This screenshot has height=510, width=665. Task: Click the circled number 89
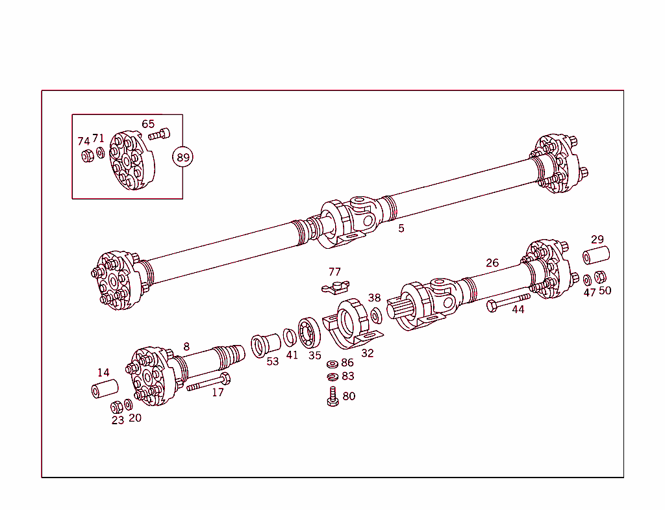pyautogui.click(x=182, y=157)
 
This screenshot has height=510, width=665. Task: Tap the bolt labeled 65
pyautogui.click(x=159, y=135)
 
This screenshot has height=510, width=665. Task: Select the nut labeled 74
pyautogui.click(x=86, y=155)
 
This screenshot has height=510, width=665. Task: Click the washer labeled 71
pyautogui.click(x=100, y=153)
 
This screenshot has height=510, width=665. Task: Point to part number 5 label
pyautogui.click(x=401, y=229)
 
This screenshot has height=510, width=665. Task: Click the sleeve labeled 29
pyautogui.click(x=596, y=255)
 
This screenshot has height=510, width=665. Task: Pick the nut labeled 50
pyautogui.click(x=601, y=277)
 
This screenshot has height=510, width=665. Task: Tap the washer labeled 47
pyautogui.click(x=587, y=279)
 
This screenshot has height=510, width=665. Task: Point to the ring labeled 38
pyautogui.click(x=376, y=316)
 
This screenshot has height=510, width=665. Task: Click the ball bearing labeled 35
pyautogui.click(x=310, y=333)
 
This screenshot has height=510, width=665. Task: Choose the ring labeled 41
pyautogui.click(x=290, y=338)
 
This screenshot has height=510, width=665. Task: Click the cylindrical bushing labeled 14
pyautogui.click(x=104, y=390)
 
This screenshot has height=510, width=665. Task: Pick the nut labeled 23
pyautogui.click(x=117, y=407)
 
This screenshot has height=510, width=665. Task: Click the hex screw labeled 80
pyautogui.click(x=332, y=396)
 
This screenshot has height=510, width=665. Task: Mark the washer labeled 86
pyautogui.click(x=332, y=364)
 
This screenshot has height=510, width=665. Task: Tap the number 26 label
pyautogui.click(x=492, y=263)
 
